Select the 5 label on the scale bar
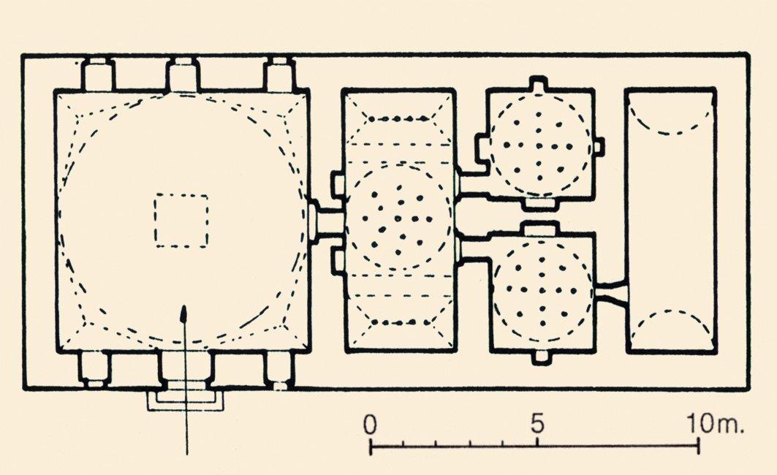pyautogui.click(x=538, y=424)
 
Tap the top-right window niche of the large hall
pyautogui.click(x=280, y=75)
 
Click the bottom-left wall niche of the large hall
pyautogui.click(x=94, y=369)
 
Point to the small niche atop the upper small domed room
pyautogui.click(x=539, y=83)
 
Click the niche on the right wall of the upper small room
pyautogui.click(x=599, y=145)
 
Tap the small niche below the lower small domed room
pyautogui.click(x=542, y=357)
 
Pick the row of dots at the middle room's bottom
pyautogui.click(x=400, y=322)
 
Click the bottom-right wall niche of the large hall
pyautogui.click(x=278, y=369)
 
